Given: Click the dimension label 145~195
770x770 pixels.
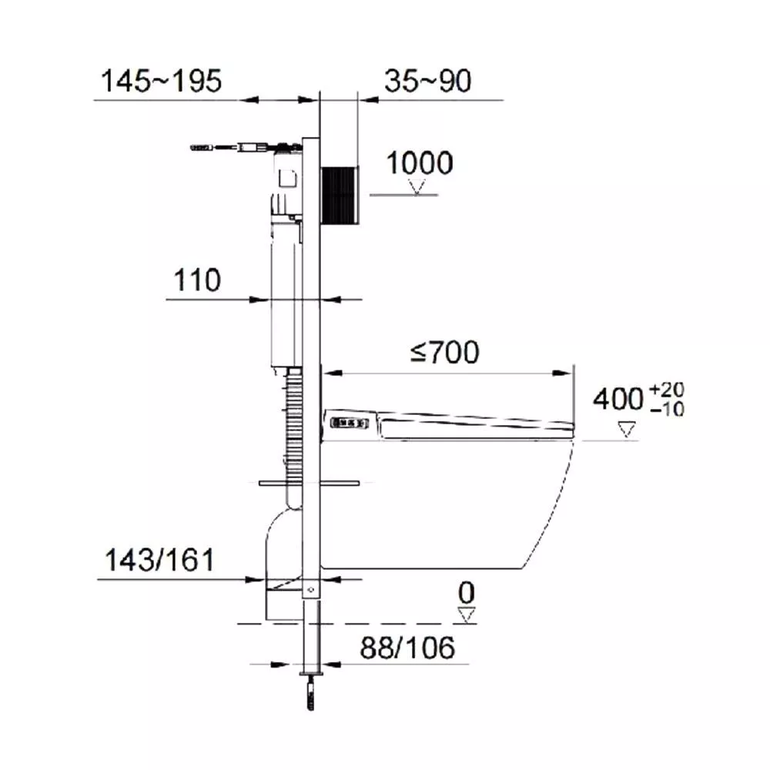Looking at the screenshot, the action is point(161,81).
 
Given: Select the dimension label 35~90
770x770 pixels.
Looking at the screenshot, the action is point(427,81).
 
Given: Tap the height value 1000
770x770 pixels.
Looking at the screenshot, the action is point(420,163).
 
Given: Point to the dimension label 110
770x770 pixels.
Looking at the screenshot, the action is point(197,280).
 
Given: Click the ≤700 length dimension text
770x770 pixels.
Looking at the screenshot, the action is point(444,352).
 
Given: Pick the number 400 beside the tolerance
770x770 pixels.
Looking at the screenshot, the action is point(618,399).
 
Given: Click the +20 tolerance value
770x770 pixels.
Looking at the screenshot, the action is point(666,390).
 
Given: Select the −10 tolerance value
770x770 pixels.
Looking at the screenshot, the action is point(666,409).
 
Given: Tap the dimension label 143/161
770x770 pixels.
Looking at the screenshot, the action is point(159,560).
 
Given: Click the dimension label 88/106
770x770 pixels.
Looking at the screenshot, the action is point(407,648).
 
